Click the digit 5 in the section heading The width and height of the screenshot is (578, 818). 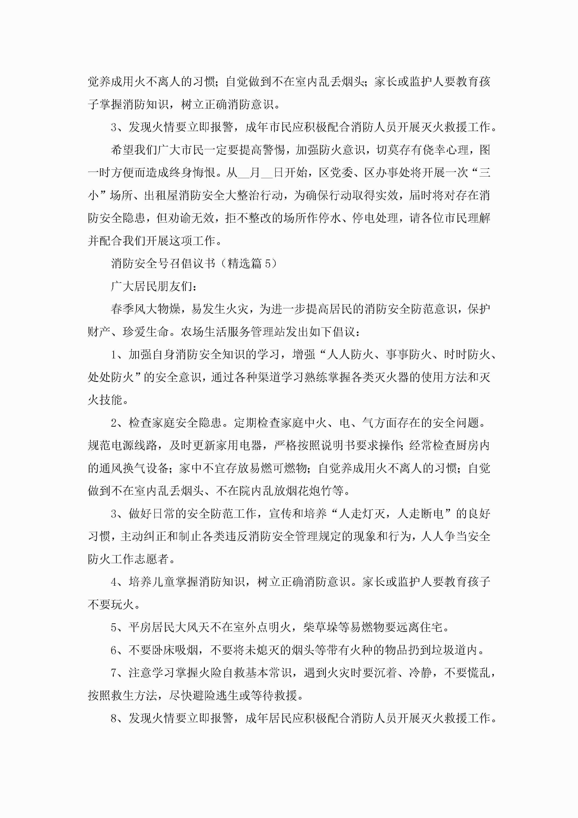[x=268, y=264]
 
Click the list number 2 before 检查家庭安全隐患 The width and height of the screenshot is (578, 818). [x=114, y=423]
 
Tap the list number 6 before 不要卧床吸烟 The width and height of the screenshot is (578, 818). [x=114, y=650]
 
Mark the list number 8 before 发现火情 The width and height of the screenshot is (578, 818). [x=114, y=718]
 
